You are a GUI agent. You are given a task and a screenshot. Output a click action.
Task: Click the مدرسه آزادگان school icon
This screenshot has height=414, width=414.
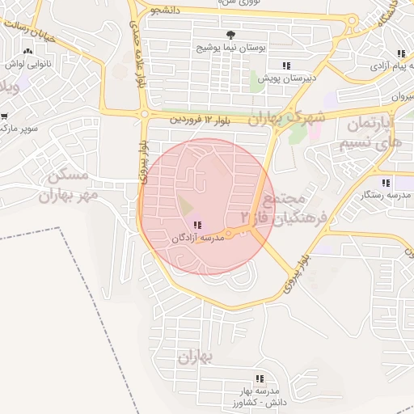(x=197, y=225)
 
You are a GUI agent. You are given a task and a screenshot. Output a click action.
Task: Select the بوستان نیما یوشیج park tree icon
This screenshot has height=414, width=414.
(x=231, y=35)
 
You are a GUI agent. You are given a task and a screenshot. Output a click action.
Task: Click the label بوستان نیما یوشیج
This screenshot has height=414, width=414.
(x=227, y=49)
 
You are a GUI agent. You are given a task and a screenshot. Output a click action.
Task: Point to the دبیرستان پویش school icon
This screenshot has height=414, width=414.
(x=285, y=65)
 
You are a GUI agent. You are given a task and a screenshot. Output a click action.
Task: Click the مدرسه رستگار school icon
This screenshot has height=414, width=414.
(x=386, y=183)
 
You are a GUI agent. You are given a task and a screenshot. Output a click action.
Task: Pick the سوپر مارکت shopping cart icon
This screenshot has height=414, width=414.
(x=4, y=116)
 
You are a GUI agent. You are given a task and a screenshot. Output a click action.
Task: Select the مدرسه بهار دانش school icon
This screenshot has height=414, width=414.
(x=259, y=378)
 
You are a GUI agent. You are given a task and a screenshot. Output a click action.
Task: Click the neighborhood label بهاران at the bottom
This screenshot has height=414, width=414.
(x=194, y=357)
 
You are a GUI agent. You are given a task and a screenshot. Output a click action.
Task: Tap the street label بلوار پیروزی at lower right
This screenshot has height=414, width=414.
(x=297, y=273)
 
